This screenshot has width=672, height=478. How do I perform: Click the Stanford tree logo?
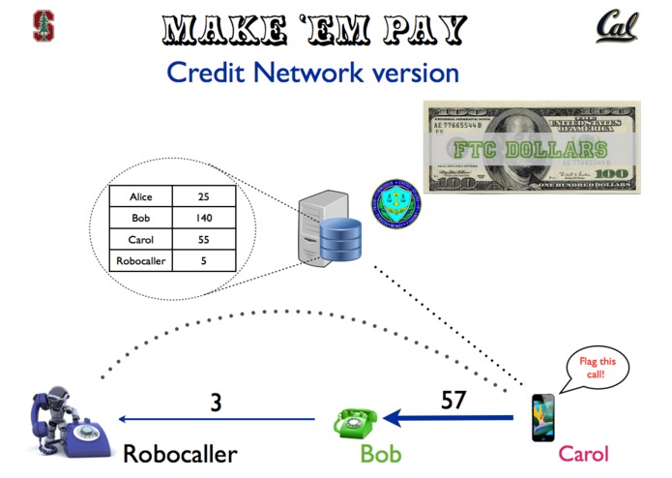(x=44, y=26)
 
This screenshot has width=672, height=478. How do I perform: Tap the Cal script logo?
(x=616, y=26)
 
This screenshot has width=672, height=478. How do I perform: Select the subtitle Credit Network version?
(x=312, y=72)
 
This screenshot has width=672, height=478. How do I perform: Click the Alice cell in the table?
(x=140, y=196)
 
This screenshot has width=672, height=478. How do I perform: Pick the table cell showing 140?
(x=203, y=218)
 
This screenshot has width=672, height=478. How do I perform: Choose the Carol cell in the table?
(x=140, y=239)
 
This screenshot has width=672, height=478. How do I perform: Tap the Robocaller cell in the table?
(x=140, y=260)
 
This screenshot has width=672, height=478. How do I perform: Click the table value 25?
(x=203, y=196)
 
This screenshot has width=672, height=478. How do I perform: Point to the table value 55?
(x=203, y=239)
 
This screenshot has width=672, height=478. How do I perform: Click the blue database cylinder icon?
(x=339, y=239)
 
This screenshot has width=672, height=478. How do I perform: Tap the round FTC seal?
(x=393, y=203)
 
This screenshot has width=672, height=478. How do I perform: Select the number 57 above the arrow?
(x=454, y=400)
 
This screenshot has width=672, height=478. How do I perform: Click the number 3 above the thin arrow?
(x=216, y=401)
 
